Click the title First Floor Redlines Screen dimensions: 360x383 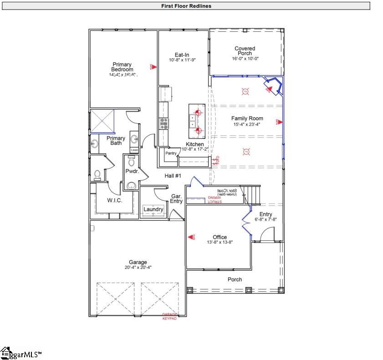click(x=186, y=6)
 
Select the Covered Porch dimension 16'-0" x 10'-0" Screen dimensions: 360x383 click(x=245, y=58)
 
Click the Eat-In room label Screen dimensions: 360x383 click(x=182, y=55)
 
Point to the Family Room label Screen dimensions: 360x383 click(x=247, y=118)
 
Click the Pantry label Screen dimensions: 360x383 click(x=171, y=153)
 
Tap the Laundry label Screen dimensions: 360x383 click(x=153, y=209)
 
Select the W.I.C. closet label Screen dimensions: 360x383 click(x=114, y=200)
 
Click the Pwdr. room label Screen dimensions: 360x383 click(x=132, y=171)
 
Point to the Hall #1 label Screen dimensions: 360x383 click(x=173, y=176)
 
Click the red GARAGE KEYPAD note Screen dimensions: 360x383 click(x=169, y=316)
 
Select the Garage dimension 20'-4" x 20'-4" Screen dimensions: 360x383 click(x=138, y=268)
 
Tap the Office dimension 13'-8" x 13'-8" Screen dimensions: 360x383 click(x=220, y=242)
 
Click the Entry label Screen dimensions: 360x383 click(x=266, y=214)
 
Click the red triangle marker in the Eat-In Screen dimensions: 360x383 click(x=154, y=66)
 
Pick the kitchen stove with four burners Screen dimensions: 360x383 click(x=163, y=123)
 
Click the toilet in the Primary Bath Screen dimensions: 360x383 click(x=97, y=174)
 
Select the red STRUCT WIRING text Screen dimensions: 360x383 click(x=214, y=199)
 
